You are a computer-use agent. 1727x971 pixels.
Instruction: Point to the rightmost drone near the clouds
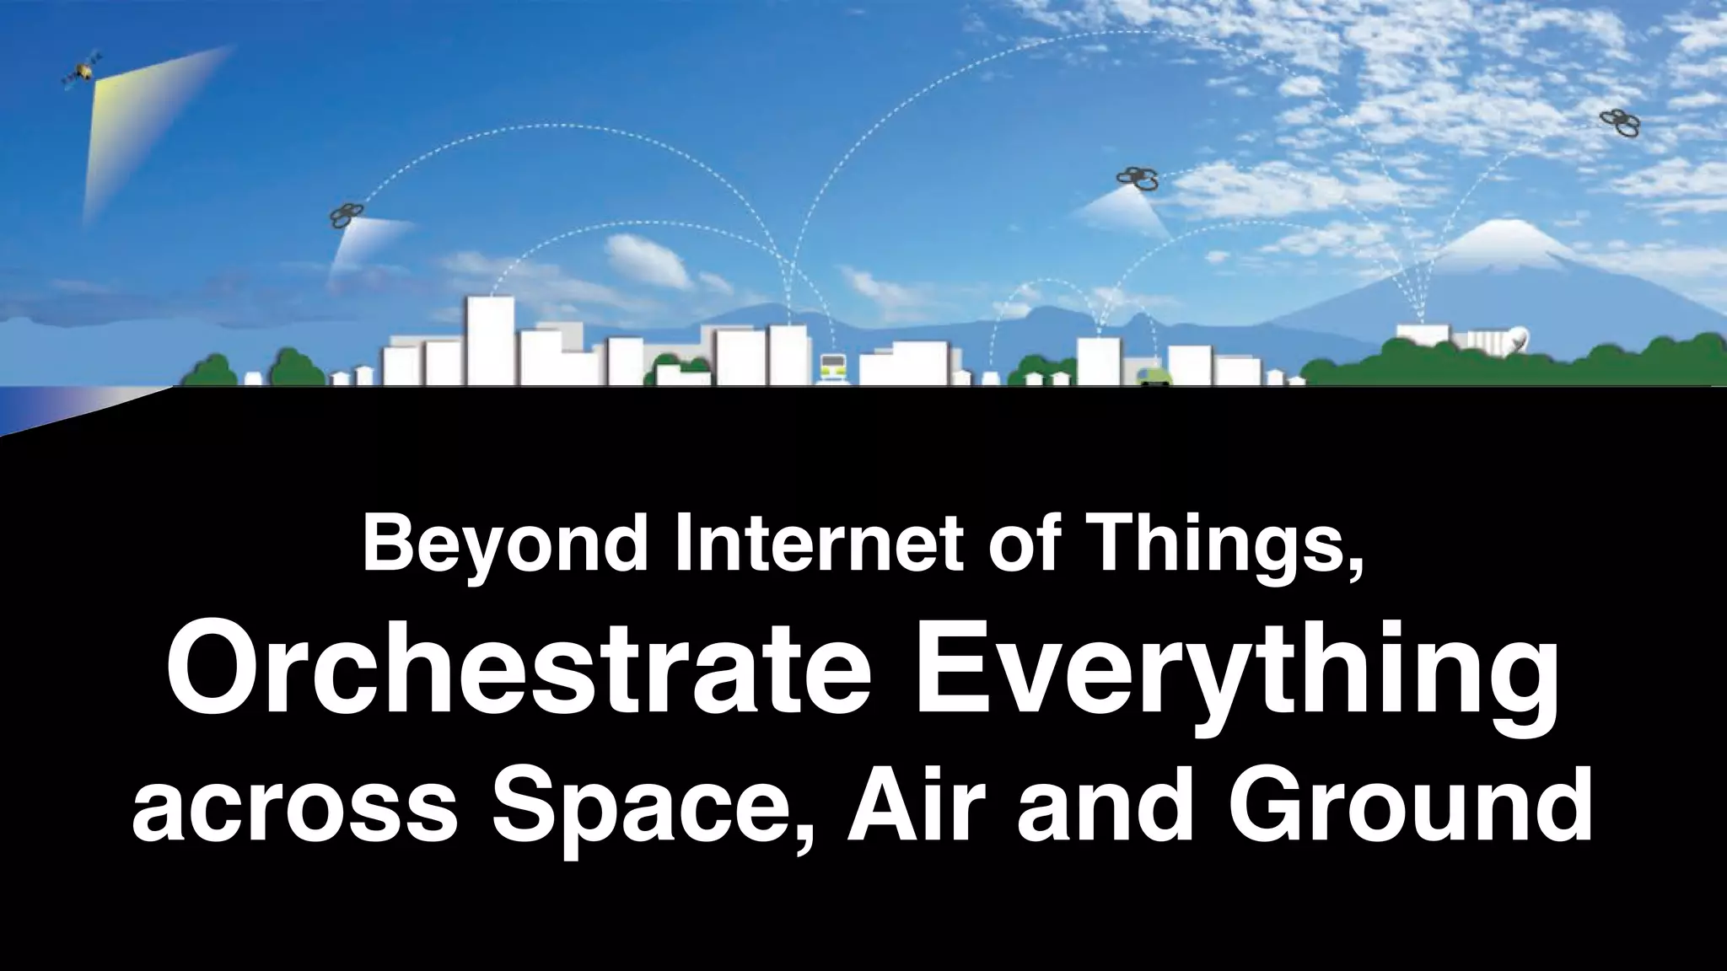point(1620,123)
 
